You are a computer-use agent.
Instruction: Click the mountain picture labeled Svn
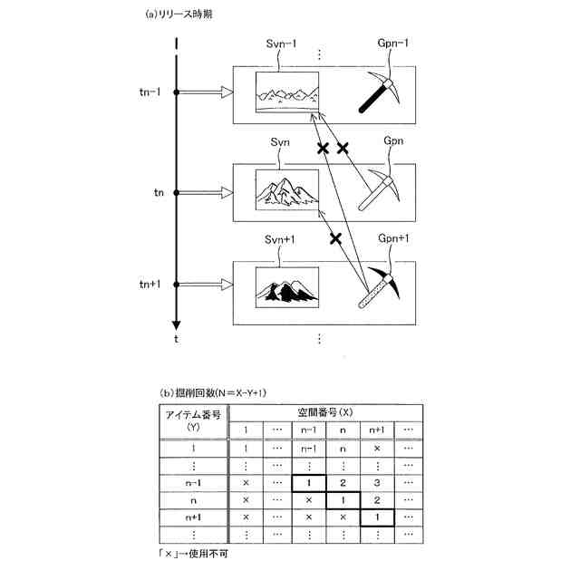click(286, 189)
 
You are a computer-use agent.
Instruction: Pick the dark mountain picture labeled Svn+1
click(286, 287)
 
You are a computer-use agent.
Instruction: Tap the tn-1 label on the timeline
click(150, 92)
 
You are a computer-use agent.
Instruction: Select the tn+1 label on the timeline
click(150, 285)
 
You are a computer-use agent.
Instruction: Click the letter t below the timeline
click(176, 339)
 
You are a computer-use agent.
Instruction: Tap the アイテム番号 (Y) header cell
click(193, 420)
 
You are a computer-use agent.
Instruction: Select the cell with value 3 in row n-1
click(375, 483)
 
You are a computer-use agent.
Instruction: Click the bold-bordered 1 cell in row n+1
click(375, 517)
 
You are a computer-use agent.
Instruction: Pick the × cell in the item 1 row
click(375, 448)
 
